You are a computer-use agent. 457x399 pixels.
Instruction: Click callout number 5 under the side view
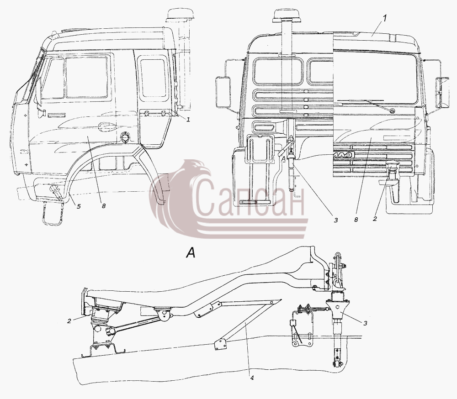79,206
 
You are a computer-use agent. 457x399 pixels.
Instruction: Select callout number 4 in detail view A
252,378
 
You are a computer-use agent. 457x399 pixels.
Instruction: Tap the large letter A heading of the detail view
191,252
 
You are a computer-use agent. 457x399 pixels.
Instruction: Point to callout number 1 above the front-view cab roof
384,18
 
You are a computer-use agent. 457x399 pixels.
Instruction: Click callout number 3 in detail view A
365,323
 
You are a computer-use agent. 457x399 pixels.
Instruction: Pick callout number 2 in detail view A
69,321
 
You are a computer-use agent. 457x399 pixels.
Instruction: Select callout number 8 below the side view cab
104,206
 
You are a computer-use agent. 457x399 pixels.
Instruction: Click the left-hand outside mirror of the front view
223,92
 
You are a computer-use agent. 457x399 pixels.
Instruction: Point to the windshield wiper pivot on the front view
393,110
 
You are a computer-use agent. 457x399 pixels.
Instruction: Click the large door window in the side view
86,77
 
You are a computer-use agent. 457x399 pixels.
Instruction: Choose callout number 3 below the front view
336,220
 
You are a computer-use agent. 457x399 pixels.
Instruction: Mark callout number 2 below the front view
375,219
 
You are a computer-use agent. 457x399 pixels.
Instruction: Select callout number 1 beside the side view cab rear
188,120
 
